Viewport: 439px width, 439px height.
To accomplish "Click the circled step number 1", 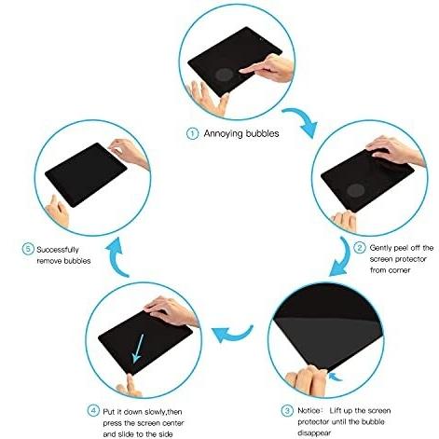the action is click(x=192, y=134).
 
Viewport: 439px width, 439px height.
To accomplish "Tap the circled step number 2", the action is click(x=360, y=248).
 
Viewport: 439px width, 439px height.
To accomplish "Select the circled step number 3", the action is click(x=287, y=410).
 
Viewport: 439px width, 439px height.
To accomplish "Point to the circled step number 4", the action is click(x=93, y=411).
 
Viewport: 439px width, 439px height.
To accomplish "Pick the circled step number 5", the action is click(x=28, y=249).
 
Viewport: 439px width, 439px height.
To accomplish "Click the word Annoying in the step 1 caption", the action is click(x=224, y=134).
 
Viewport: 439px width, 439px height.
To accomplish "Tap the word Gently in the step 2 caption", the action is click(x=380, y=248).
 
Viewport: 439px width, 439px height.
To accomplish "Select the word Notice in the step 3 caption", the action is click(x=309, y=410).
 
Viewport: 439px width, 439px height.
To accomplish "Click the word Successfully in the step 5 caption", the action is click(x=58, y=250).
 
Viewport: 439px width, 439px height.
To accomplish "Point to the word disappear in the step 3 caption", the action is click(x=314, y=432).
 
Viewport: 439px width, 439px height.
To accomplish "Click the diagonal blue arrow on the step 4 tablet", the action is click(x=138, y=349).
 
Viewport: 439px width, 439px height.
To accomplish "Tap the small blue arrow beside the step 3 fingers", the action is click(x=335, y=377).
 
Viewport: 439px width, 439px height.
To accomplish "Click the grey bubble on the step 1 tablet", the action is click(x=225, y=75).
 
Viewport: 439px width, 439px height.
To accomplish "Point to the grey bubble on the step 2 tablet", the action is click(x=356, y=190).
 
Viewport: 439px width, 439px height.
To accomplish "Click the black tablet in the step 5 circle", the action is click(x=86, y=174).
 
